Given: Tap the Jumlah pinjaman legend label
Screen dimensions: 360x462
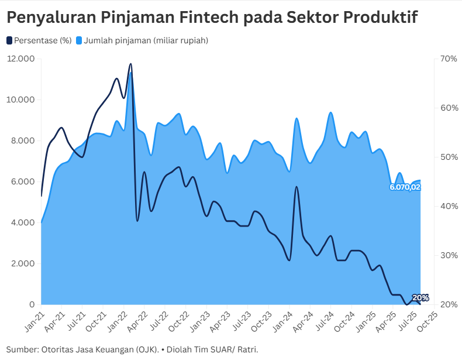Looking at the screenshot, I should click(146, 40).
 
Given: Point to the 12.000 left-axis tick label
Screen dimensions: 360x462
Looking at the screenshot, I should click(21, 59).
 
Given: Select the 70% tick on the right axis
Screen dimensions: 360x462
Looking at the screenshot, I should click(449, 59).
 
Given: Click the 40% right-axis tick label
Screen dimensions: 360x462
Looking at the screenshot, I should click(449, 206).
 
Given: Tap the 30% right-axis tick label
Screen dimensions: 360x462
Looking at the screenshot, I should click(449, 255).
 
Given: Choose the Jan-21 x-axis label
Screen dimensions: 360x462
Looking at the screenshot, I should click(35, 318).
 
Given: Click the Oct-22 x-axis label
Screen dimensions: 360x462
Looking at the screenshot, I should click(179, 318).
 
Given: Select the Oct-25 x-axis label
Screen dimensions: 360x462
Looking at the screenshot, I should click(431, 318).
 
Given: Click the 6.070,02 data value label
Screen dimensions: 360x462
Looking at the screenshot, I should click(405, 187).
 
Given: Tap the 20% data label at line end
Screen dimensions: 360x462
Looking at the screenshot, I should click(420, 298).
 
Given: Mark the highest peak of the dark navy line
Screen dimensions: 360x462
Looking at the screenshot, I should click(130, 64).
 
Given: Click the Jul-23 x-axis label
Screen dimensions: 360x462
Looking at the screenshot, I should click(251, 318).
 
